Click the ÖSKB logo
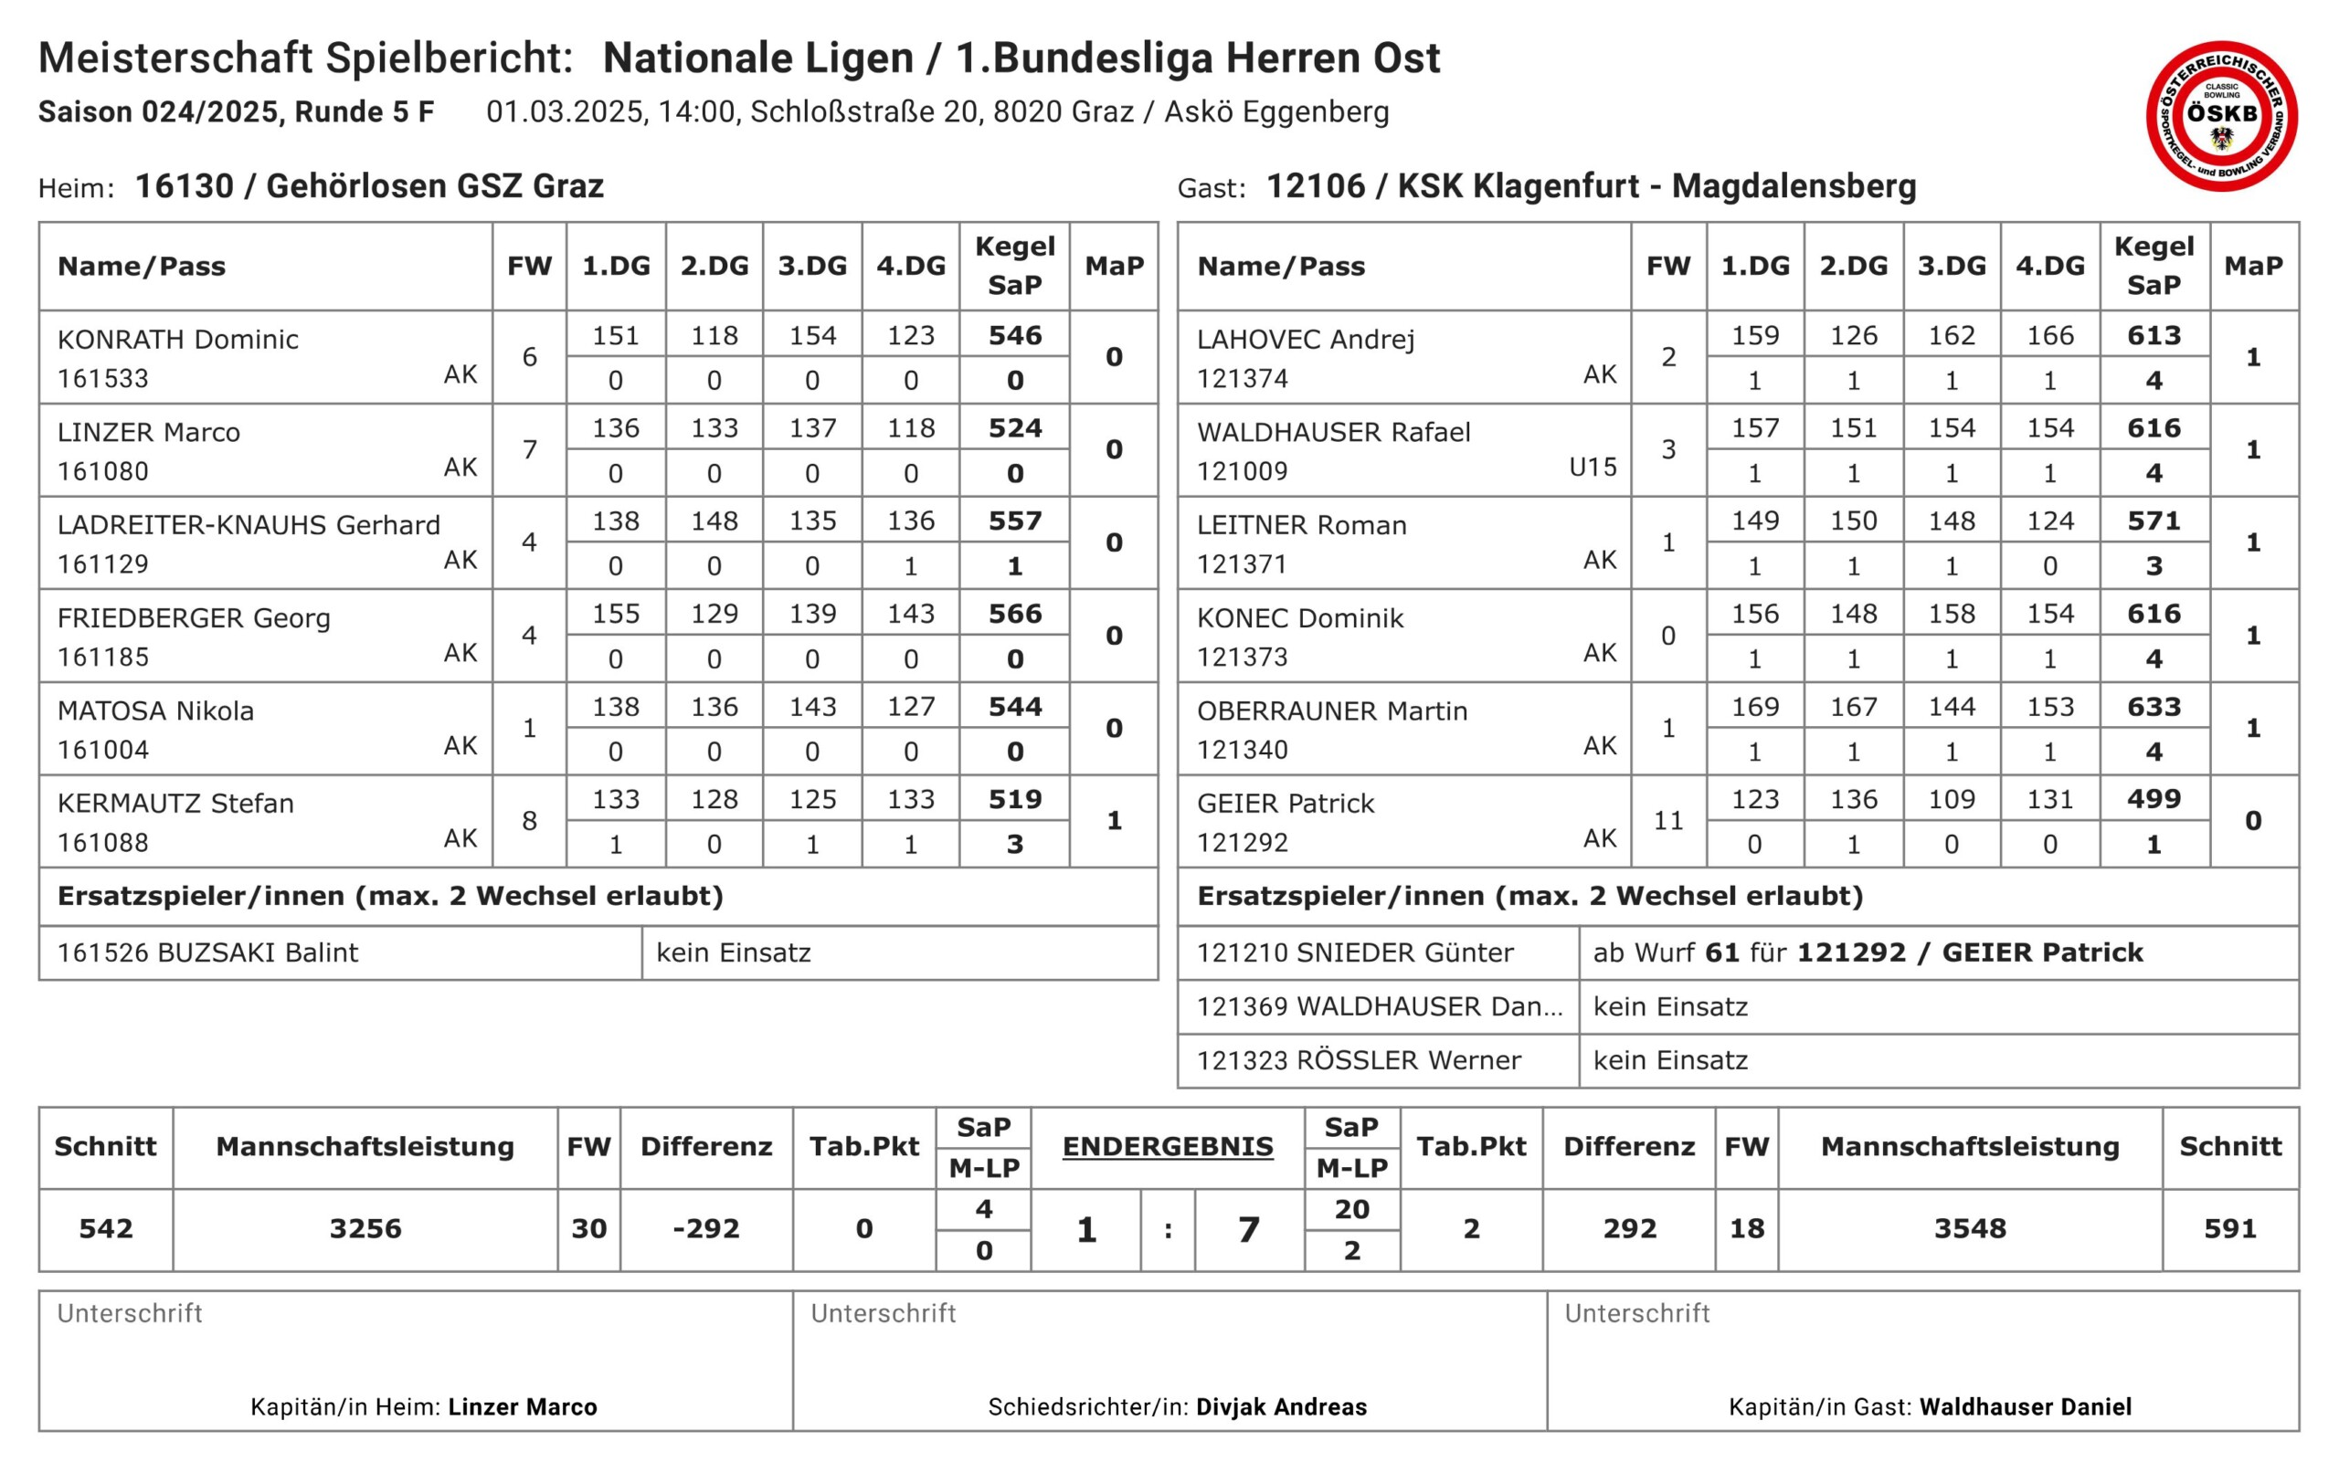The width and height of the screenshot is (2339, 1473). coord(2220,116)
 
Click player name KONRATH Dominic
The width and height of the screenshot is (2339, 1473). coord(178,339)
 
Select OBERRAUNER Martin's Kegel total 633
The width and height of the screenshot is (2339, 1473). coord(2154,706)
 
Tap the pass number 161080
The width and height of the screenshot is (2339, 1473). coord(103,471)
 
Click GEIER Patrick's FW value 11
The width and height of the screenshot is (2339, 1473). coord(1667,820)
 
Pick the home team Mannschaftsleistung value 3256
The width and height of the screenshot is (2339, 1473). coord(365,1228)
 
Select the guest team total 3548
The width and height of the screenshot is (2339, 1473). coord(1969,1228)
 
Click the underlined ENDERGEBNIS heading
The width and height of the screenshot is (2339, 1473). coord(1167,1146)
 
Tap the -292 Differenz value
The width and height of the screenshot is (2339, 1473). coord(706,1228)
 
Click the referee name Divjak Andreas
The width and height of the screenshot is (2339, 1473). coord(1280,1406)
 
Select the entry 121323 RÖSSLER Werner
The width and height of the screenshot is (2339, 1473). coord(1358,1059)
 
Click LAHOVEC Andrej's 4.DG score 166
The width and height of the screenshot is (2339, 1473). coord(2049,335)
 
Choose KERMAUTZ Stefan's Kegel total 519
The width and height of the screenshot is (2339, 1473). coord(1014,799)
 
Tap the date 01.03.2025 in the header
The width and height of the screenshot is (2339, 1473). coord(565,111)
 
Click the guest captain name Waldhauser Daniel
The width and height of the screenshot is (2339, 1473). coord(2026,1406)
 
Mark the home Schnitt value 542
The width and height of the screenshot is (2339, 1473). coord(106,1228)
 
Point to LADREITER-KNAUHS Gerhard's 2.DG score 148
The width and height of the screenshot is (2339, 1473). coord(714,521)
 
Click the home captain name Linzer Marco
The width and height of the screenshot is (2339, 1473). coord(522,1406)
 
